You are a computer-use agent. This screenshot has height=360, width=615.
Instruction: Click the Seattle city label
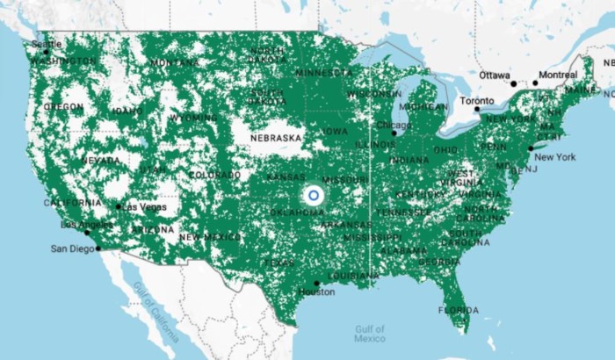[x=47, y=43]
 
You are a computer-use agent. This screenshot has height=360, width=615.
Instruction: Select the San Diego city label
[x=71, y=248]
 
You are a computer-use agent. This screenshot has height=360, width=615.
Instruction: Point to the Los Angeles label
[x=75, y=225]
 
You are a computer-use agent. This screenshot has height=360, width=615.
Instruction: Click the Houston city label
[x=316, y=292]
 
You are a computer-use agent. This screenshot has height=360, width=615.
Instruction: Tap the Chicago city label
[x=392, y=125]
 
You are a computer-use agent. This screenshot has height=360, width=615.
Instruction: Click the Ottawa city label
[x=496, y=76]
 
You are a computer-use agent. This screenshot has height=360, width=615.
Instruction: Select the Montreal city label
[x=558, y=75]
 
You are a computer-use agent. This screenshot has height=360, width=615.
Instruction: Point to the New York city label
[x=554, y=157]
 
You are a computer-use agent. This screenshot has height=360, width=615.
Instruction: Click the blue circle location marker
[x=314, y=195]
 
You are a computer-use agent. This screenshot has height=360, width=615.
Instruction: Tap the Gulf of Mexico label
[x=370, y=333]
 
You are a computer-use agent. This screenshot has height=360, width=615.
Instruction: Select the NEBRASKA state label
[x=276, y=138]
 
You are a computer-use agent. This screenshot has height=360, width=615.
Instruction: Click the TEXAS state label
[x=279, y=263]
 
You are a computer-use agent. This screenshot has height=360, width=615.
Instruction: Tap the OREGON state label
[x=63, y=106]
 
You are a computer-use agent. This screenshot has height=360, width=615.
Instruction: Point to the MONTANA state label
[x=174, y=63]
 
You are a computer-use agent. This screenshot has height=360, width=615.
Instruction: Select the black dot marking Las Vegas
[x=118, y=207]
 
